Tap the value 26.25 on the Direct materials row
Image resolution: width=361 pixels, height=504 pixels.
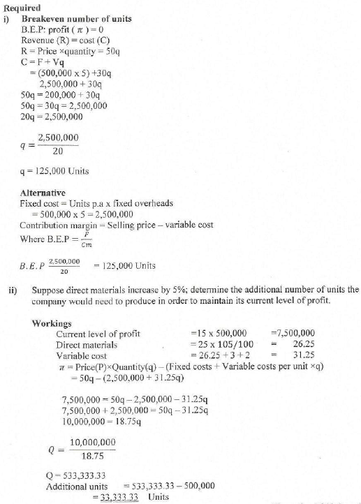pos(302,344)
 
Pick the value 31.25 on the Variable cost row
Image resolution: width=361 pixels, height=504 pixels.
pos(302,355)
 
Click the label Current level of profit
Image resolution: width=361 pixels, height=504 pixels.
pos(98,334)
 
